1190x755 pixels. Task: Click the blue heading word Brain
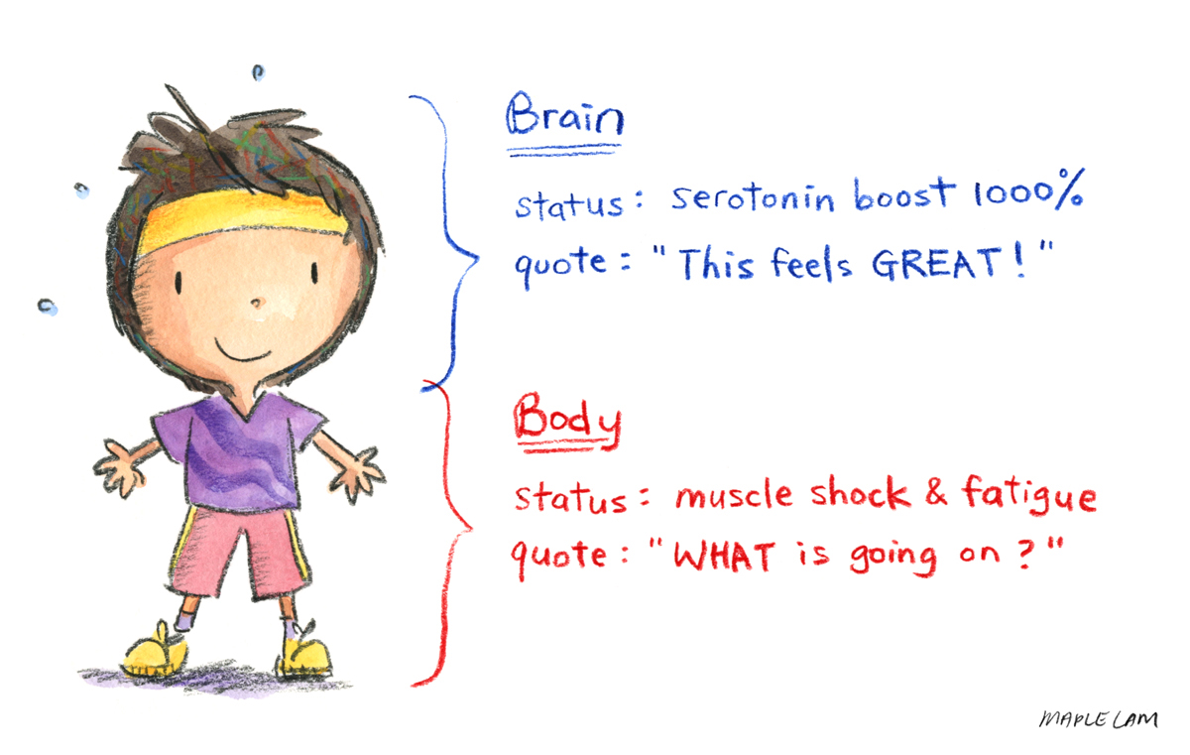(x=564, y=114)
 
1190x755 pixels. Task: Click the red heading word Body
(x=567, y=422)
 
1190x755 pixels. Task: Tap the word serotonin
(x=753, y=197)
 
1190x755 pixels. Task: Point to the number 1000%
(x=1028, y=189)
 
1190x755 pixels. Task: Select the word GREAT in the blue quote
(x=934, y=263)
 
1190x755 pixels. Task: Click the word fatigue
(x=1029, y=495)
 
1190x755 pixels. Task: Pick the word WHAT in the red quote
(x=724, y=556)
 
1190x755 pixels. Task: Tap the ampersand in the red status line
(x=935, y=491)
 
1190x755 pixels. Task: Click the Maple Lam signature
(x=1098, y=719)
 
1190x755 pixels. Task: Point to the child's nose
(x=257, y=303)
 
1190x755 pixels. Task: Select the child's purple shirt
(x=239, y=451)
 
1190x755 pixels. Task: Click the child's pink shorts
(x=241, y=553)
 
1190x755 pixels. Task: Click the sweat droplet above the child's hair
(x=258, y=72)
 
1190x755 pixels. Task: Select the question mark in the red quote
(x=1027, y=556)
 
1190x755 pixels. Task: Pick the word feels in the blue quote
(x=811, y=263)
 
